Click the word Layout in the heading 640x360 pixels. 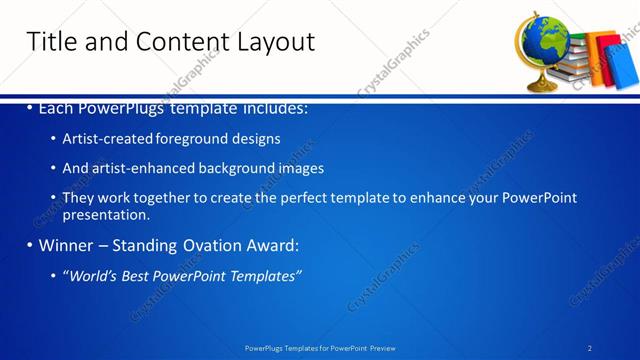[276, 42]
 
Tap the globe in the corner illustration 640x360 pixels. [541, 45]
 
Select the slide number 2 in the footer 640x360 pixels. [590, 347]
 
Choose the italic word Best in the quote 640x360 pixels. [136, 275]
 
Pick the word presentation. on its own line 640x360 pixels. [106, 214]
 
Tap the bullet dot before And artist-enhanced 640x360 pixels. [52, 169]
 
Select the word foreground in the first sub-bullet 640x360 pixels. [191, 139]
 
